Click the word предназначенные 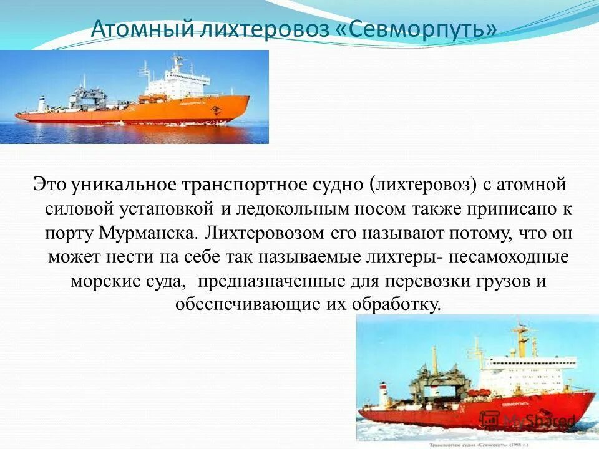pyautogui.click(x=273, y=281)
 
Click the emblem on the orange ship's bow pyautogui.click(x=214, y=110)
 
